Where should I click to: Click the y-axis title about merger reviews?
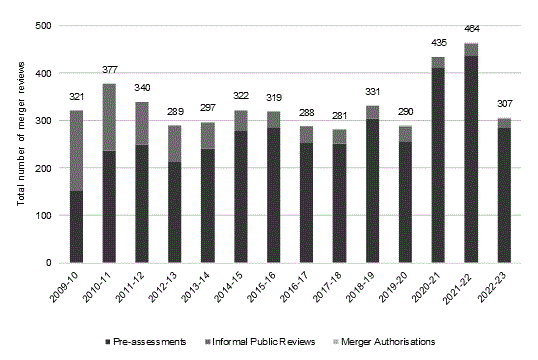[x=19, y=144]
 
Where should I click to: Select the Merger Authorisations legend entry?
[x=396, y=340]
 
